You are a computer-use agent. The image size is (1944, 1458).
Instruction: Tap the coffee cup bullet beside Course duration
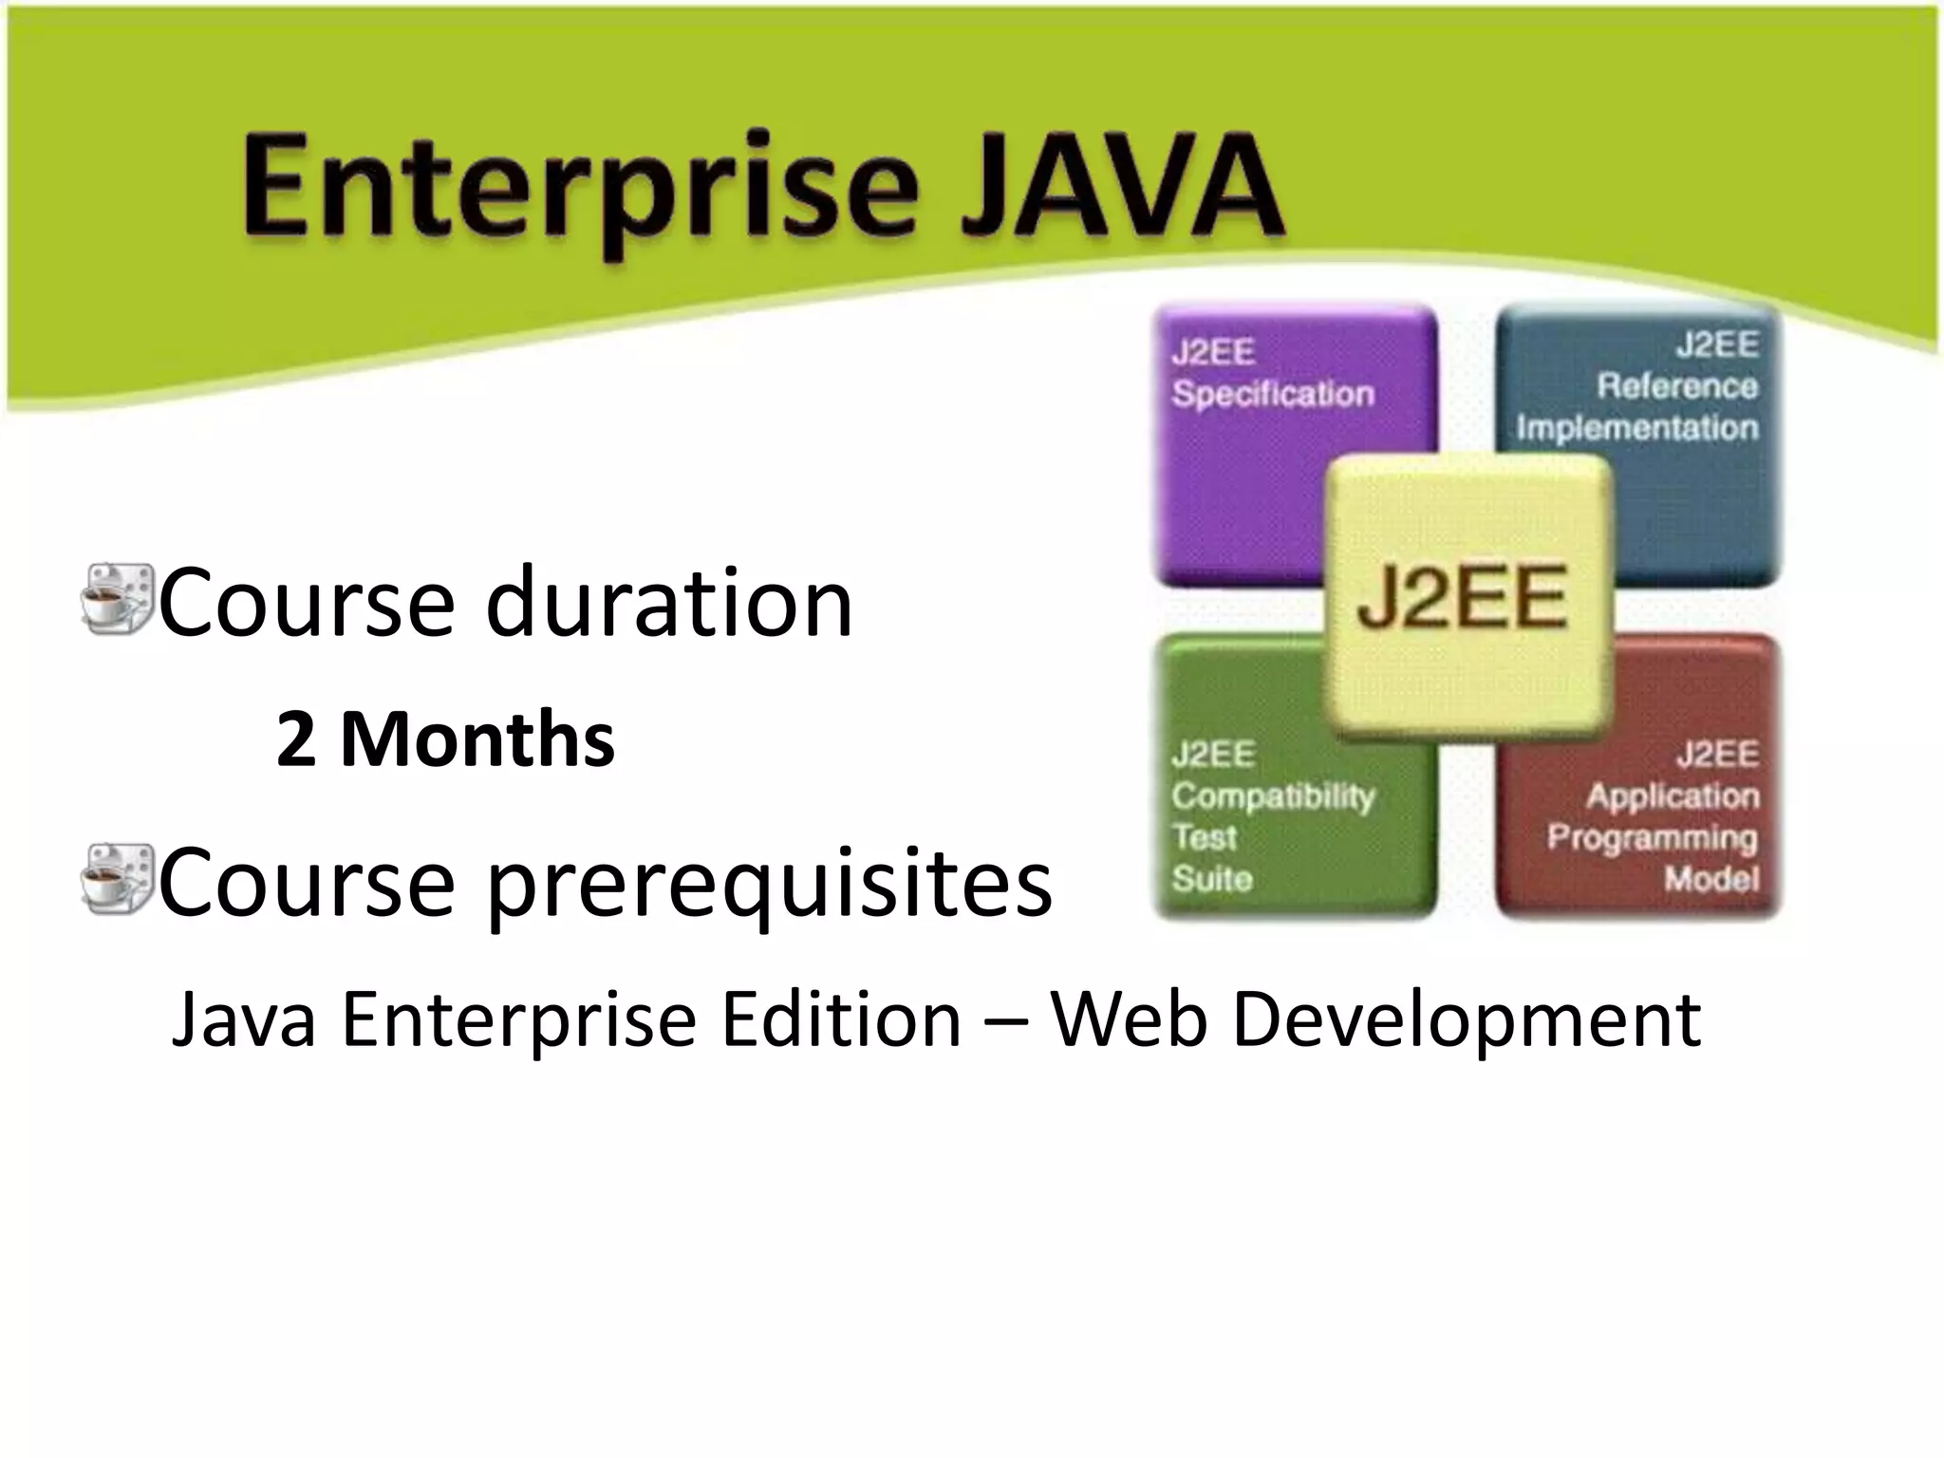pos(117,600)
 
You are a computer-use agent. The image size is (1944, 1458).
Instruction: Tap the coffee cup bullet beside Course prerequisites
pos(117,880)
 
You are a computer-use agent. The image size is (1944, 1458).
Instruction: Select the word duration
pos(668,602)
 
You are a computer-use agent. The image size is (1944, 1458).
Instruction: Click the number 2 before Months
pos(295,740)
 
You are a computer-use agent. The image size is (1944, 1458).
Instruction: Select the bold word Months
pos(477,740)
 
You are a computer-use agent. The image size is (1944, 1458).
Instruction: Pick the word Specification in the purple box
pos(1272,394)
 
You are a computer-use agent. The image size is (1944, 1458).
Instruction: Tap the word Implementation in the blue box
pos(1636,428)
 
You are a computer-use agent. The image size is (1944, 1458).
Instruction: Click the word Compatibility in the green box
pos(1272,796)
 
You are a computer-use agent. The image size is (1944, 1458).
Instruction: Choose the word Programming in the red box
pos(1652,837)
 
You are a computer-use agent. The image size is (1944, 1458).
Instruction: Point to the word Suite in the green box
pos(1211,879)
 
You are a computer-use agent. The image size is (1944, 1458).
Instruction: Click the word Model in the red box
pos(1710,879)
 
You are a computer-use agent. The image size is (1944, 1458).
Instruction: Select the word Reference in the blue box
pos(1676,386)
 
